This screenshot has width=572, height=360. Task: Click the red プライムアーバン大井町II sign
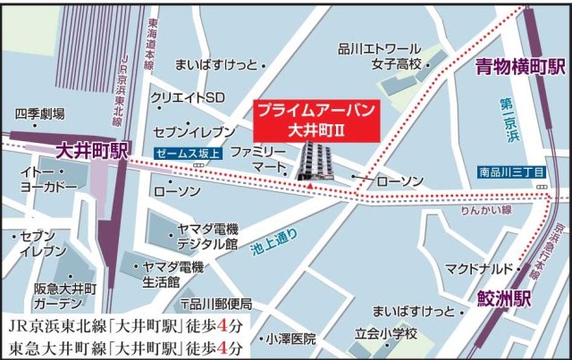(314, 119)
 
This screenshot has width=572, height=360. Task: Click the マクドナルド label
(478, 268)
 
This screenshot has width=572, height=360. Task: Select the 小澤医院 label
(290, 339)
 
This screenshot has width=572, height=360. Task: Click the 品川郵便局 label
(219, 303)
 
